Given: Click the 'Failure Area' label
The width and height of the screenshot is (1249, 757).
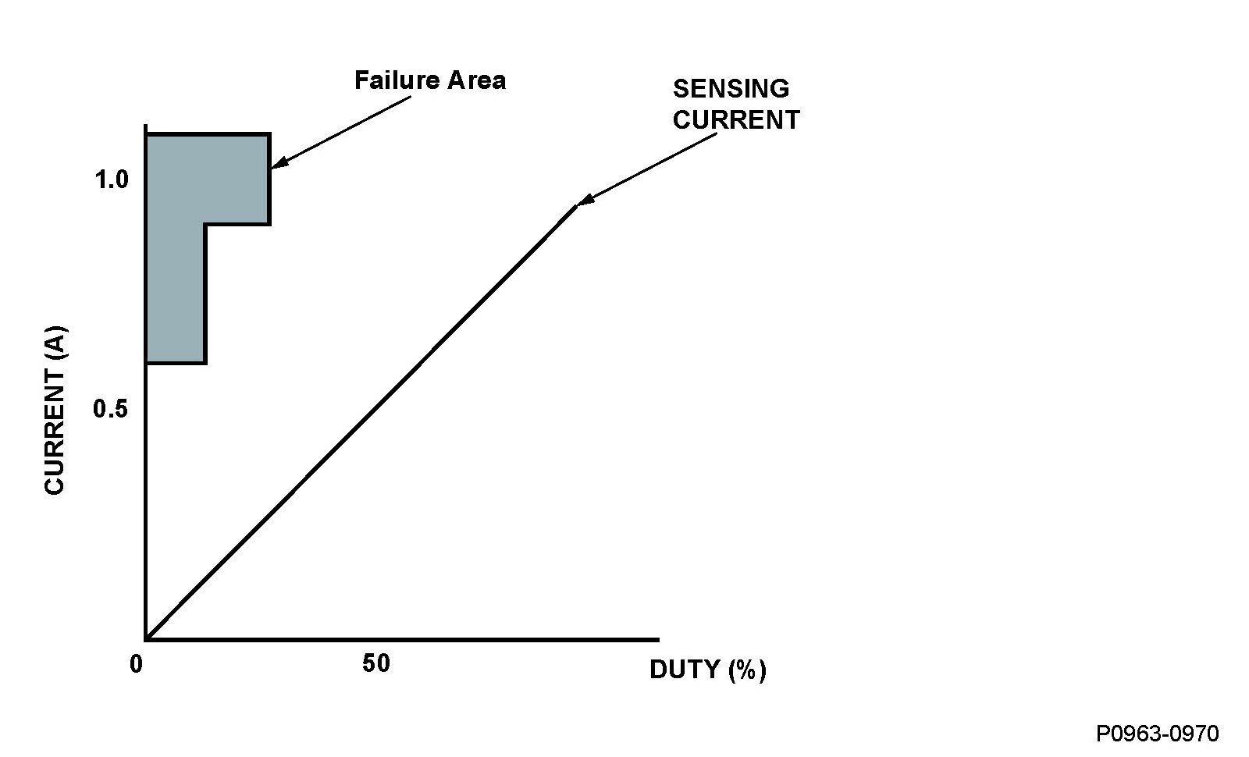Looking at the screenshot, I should click(429, 80).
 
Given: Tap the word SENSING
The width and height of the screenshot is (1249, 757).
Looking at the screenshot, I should click(731, 89).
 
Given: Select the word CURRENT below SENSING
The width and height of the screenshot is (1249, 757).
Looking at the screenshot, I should click(736, 120).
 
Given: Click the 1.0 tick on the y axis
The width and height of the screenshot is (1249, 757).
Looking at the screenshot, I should click(111, 180).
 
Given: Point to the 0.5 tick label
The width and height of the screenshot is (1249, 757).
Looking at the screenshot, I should click(110, 408).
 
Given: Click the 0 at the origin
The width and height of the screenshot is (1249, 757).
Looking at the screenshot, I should click(137, 664).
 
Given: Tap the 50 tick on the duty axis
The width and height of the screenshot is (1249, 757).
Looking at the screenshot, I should click(375, 664).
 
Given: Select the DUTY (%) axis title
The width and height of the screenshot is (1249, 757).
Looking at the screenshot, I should click(707, 670).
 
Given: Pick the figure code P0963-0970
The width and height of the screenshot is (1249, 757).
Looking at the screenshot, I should click(1157, 734).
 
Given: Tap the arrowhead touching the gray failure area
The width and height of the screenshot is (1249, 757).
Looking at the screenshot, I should click(278, 164).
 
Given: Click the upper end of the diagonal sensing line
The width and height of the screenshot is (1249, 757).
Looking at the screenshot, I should click(576, 206).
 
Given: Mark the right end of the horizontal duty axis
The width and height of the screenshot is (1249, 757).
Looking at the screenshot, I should click(657, 639).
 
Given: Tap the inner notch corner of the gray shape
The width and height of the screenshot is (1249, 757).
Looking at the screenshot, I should click(205, 225).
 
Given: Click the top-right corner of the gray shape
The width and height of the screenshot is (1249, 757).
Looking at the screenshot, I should click(269, 135).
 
